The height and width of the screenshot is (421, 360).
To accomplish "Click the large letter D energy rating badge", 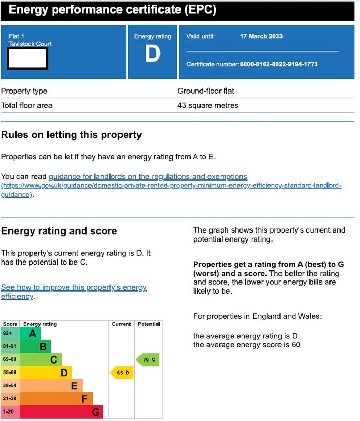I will (153, 54).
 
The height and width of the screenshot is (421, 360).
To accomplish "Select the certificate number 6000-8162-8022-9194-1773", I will (278, 64).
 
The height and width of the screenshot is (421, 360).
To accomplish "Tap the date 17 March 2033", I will (261, 36).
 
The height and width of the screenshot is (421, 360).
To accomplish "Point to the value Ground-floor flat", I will (206, 91).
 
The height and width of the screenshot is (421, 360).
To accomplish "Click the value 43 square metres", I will (208, 105).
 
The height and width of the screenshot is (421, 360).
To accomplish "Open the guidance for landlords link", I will (148, 177).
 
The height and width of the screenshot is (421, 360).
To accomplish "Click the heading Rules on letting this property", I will (72, 135).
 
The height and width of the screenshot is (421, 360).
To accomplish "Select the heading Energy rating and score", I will (59, 231).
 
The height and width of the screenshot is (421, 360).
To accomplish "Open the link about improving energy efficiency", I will (74, 288).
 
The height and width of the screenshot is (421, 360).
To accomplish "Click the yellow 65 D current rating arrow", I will (122, 373).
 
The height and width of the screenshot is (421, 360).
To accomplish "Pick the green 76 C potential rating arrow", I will (147, 360).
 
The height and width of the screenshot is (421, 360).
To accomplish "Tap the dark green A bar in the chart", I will (31, 333).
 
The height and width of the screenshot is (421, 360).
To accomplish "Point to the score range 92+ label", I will (7, 333).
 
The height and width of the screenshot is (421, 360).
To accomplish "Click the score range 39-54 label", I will (10, 386).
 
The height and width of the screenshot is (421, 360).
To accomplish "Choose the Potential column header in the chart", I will (148, 324).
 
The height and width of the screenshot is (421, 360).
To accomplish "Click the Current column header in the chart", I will (122, 324).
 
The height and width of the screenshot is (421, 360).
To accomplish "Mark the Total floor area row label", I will (27, 105).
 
